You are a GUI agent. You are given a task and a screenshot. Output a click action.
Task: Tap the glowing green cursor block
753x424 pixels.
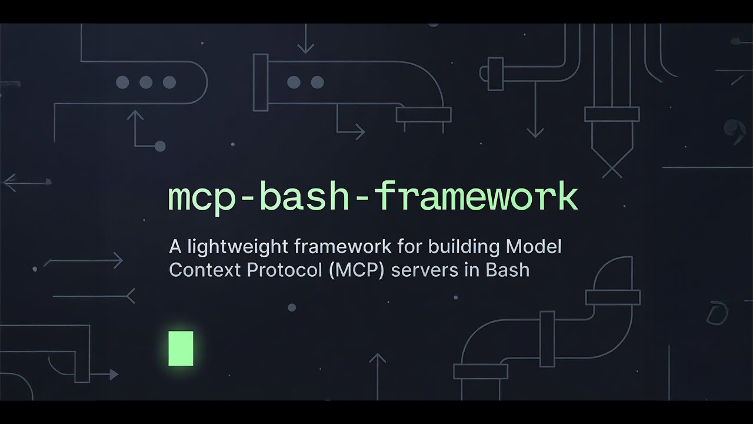(181, 348)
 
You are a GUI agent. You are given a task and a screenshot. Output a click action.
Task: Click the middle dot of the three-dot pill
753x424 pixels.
(146, 82)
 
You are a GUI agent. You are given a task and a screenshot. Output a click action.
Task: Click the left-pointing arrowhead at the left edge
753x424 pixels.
(7, 183)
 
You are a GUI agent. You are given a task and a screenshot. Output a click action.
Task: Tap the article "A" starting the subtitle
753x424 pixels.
(174, 246)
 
